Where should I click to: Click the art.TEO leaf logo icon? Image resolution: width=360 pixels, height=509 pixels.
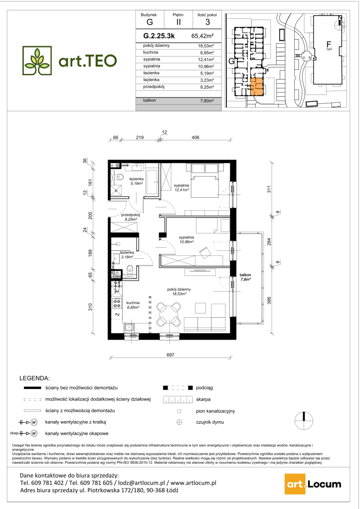point(37,61)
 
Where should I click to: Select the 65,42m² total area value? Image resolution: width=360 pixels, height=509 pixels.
point(203,36)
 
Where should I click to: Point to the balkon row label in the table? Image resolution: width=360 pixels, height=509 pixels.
point(149,100)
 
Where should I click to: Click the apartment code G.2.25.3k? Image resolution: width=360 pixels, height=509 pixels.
point(159,36)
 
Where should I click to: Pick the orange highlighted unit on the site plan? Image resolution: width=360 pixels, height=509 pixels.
point(257,87)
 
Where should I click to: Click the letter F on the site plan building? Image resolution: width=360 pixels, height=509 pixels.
point(328,44)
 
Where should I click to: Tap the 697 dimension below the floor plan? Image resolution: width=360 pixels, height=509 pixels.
point(170,355)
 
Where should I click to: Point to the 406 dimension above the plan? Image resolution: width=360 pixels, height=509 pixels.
point(195,137)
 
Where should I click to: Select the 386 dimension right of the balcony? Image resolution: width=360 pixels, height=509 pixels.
point(269,301)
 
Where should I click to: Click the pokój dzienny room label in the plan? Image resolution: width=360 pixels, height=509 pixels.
point(179,289)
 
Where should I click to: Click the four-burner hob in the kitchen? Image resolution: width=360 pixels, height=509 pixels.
point(117,303)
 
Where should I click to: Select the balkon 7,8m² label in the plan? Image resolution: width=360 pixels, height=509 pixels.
point(245,277)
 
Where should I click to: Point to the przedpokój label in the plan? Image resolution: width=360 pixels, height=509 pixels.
point(130,215)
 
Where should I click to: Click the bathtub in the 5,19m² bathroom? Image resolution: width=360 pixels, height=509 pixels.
point(152,182)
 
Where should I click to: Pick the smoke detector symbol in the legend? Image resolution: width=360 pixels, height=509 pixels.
point(179,422)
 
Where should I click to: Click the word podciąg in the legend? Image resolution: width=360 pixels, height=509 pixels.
point(204,388)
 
